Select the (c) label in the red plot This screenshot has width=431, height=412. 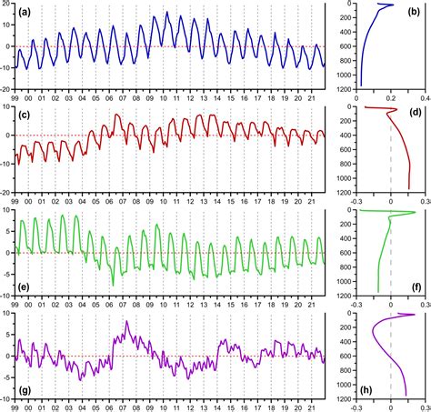click(x=26, y=116)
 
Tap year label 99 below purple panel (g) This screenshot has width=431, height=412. click(x=15, y=407)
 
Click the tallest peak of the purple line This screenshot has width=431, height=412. click(x=127, y=322)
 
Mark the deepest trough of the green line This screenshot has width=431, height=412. click(x=114, y=285)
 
